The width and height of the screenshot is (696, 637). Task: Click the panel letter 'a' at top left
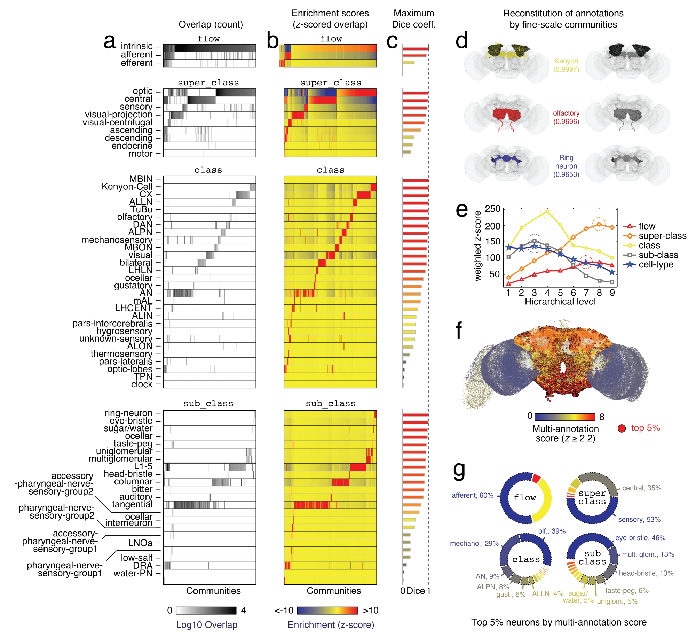point(109,42)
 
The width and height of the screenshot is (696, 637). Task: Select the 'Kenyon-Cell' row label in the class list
point(127,187)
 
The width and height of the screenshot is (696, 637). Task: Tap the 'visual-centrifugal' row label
point(117,122)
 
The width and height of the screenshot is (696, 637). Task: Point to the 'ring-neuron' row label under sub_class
point(128,413)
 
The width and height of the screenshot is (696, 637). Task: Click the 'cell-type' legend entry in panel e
point(656,265)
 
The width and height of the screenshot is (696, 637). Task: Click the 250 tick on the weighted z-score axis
point(492,209)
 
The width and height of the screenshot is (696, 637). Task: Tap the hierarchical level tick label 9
point(612,293)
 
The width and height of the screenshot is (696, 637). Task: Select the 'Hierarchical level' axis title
point(560,302)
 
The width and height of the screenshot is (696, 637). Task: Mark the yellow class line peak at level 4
point(547,211)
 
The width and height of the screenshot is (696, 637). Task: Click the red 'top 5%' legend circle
point(622,428)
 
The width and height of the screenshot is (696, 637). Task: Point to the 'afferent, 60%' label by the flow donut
point(472,495)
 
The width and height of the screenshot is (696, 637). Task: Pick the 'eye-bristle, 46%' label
point(640,538)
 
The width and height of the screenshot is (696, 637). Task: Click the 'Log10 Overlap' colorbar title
point(206,625)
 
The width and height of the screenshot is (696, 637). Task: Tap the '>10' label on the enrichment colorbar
point(370,611)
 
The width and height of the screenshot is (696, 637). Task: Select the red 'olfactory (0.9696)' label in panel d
point(566,117)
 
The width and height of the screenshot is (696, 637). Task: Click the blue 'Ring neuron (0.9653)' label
point(566,166)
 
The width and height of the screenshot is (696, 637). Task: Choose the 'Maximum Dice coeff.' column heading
point(414,19)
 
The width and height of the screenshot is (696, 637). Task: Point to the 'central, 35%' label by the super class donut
point(641,488)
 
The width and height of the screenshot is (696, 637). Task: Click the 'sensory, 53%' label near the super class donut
point(639,520)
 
